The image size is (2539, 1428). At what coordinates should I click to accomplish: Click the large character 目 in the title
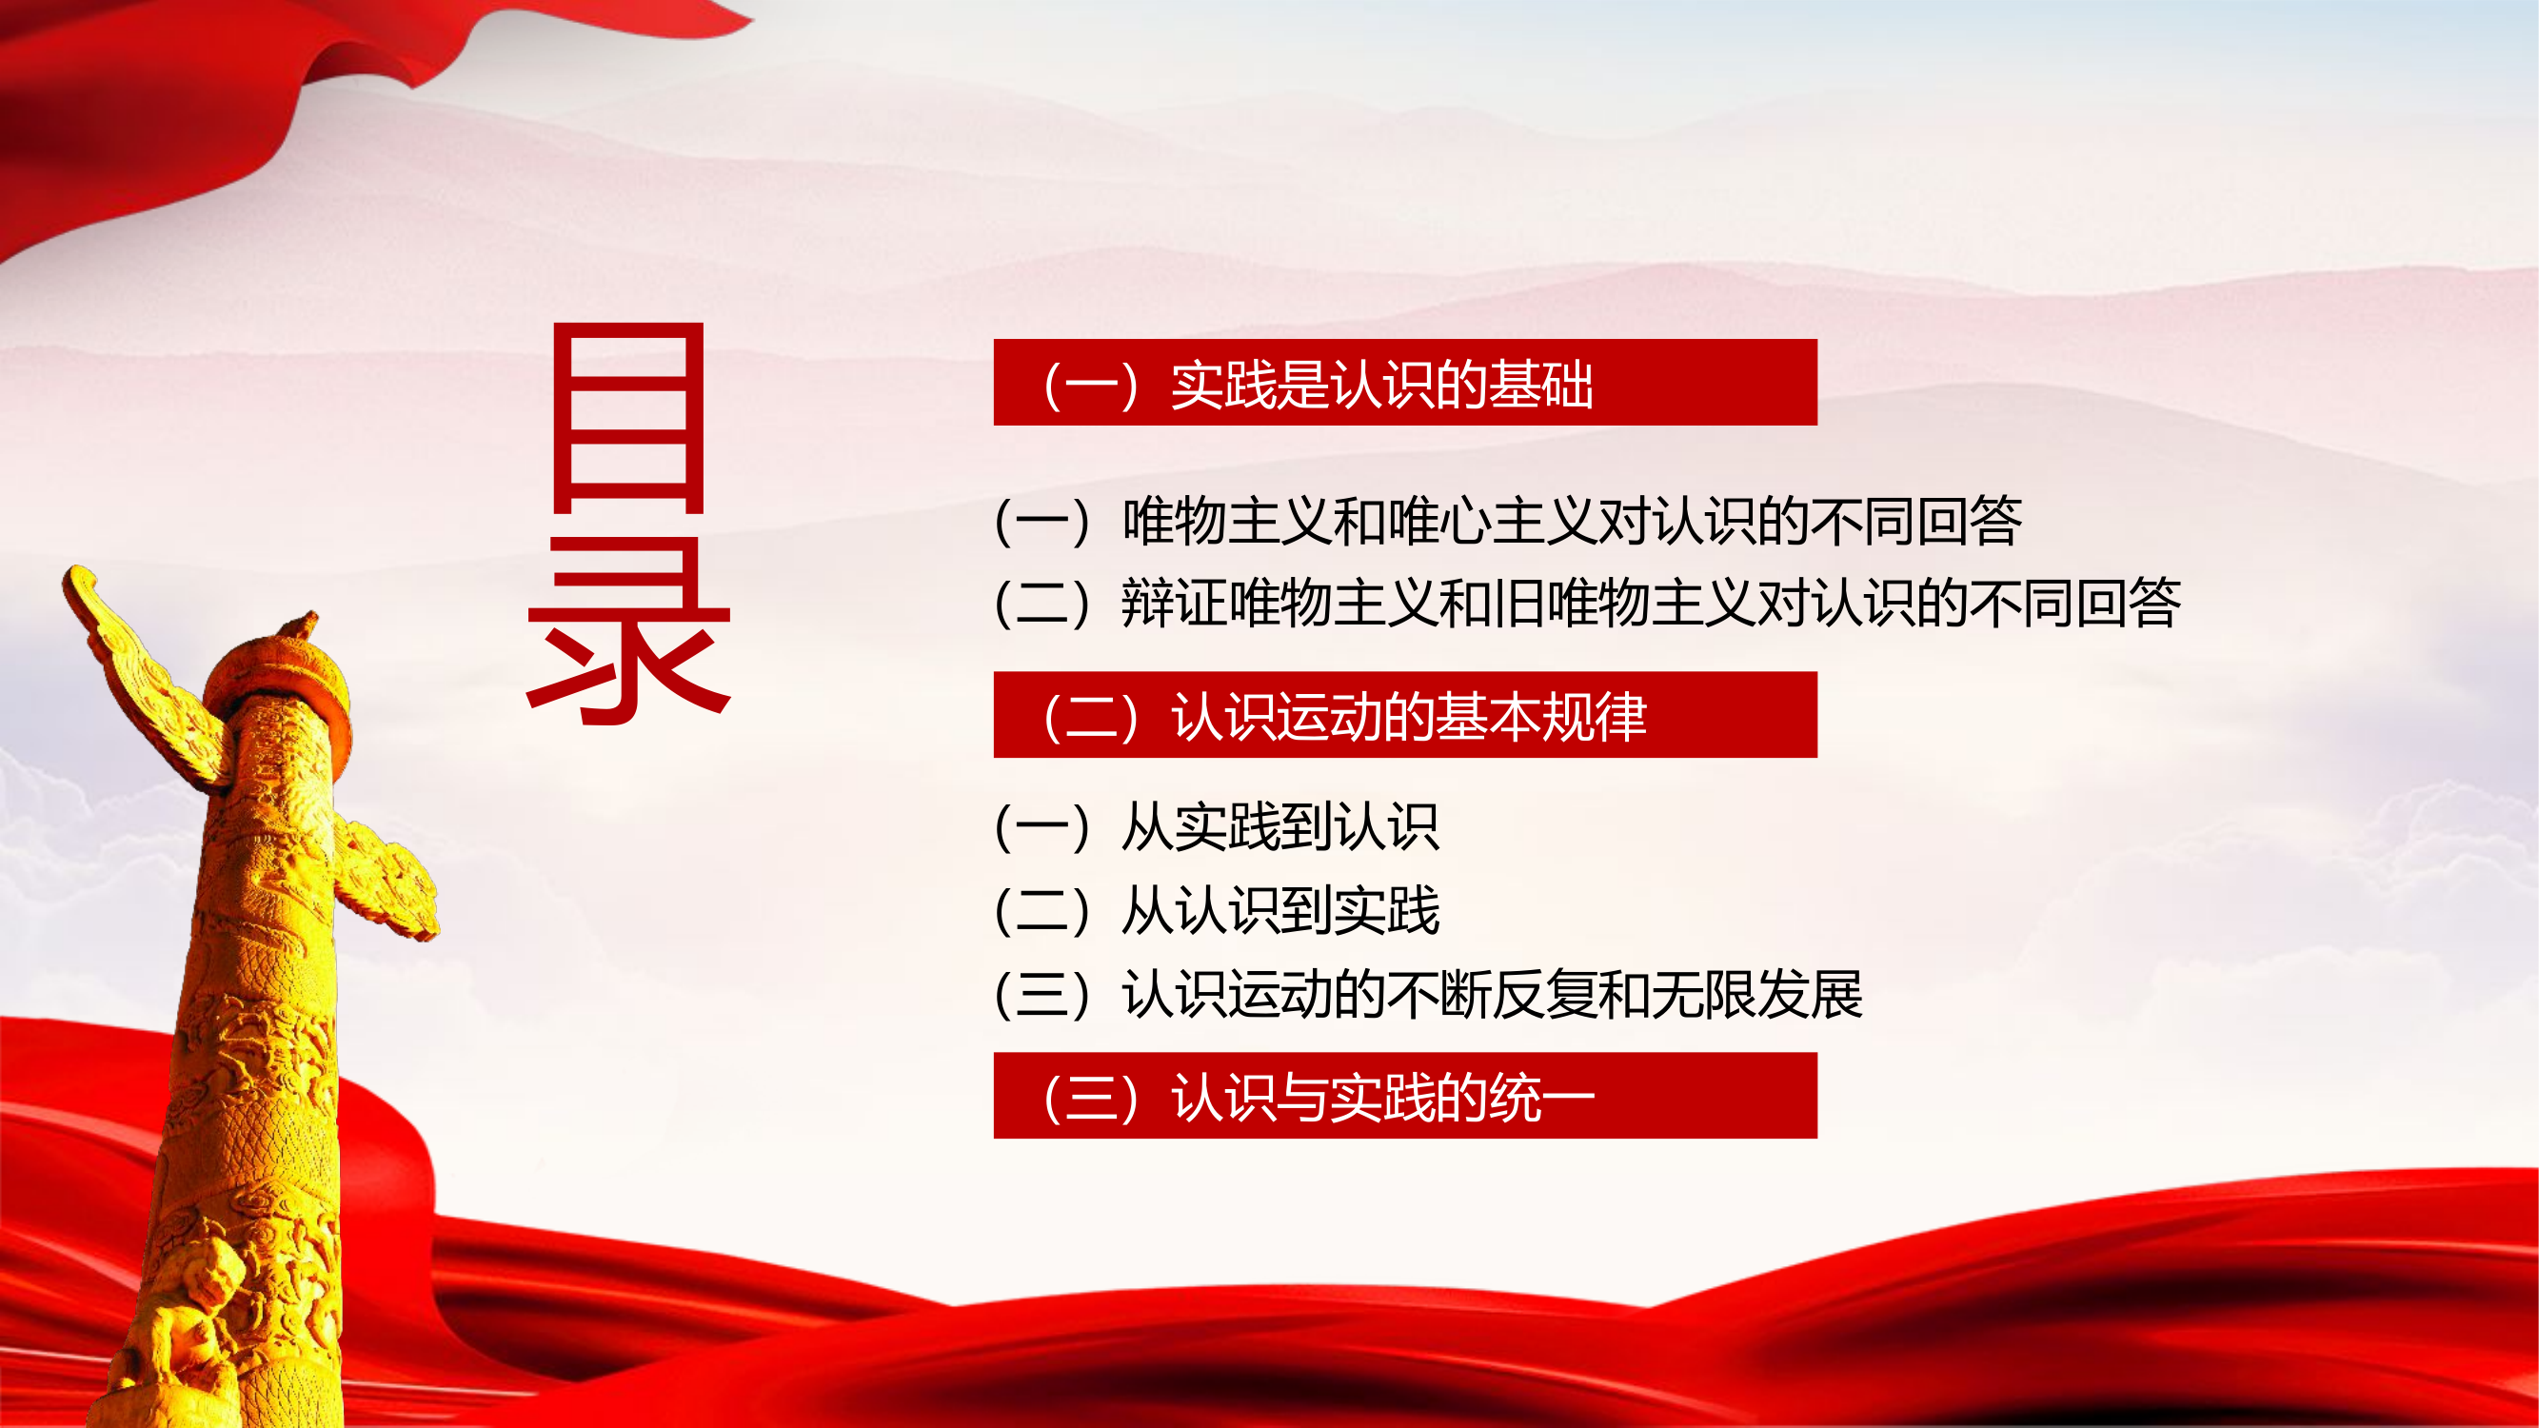629,418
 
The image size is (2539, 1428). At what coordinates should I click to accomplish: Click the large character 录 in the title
629,631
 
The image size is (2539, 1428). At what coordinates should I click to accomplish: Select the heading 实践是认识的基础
1379,385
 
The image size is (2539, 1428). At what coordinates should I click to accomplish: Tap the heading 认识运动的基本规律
1407,717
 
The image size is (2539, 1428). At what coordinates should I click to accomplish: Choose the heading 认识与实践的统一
1382,1097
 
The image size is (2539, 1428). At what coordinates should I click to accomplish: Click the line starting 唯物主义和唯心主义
1571,521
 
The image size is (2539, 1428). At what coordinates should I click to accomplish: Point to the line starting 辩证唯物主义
1650,603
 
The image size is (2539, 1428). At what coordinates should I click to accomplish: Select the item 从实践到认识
1279,825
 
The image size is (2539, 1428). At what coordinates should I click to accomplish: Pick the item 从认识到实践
1279,909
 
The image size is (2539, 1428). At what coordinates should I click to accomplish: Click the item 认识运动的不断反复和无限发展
1491,993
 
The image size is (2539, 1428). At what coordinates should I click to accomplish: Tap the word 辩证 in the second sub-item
1175,603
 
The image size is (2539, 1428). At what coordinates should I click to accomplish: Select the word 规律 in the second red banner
1593,717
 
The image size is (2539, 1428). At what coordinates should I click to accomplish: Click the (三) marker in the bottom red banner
1091,1097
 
